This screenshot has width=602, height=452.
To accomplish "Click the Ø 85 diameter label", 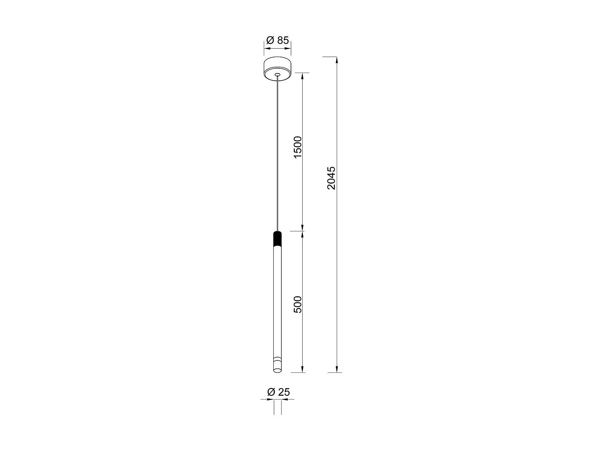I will point(278,40).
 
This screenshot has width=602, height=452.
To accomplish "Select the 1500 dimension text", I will point(297,147).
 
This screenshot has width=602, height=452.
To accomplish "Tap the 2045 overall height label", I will point(331,178).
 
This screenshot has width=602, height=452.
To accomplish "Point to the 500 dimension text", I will point(297,304).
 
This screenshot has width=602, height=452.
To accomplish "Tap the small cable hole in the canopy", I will point(277,74).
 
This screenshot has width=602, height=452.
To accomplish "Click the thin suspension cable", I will point(277,153).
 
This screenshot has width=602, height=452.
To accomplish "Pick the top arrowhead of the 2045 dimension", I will point(337,60).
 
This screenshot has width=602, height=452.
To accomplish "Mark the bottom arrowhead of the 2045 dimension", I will point(337,370).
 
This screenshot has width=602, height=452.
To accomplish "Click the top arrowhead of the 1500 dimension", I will point(303,76).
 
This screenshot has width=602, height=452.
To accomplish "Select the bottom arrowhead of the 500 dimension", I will point(303,370).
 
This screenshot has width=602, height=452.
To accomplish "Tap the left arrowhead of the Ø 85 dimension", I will point(266,49).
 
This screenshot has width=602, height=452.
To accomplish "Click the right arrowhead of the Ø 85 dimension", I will point(289,49).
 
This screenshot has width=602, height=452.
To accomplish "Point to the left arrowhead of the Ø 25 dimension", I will point(270,400).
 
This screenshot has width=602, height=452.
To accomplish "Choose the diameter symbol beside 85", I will point(270,40).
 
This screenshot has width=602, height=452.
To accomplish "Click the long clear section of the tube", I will point(277,301).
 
